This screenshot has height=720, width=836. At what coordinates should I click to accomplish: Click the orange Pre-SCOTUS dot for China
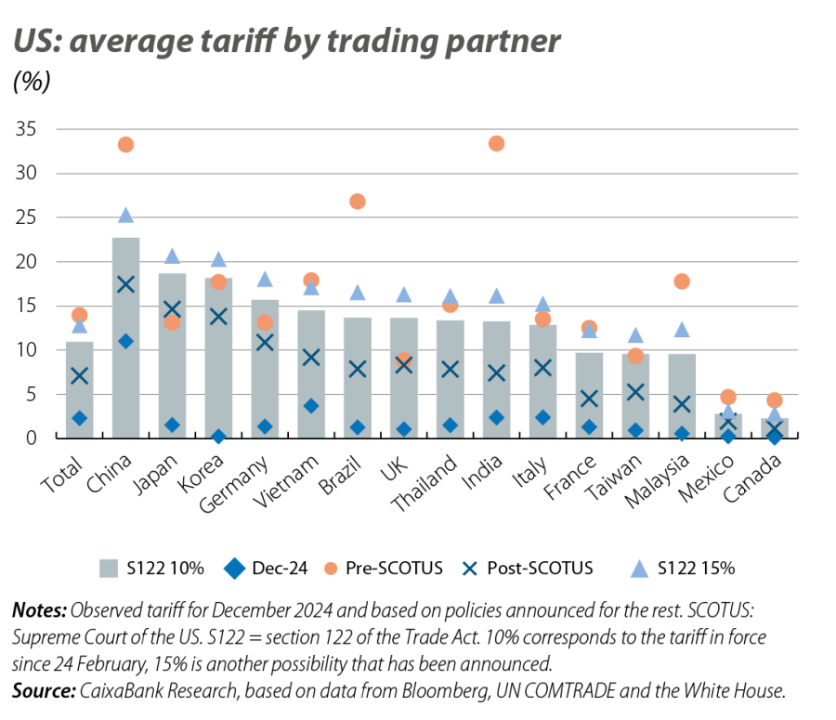pos(125,144)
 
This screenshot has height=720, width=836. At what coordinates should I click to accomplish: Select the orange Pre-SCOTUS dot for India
pos(496,143)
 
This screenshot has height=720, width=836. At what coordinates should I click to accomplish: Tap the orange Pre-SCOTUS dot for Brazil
pos(358,202)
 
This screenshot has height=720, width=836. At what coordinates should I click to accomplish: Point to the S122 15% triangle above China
pos(125,216)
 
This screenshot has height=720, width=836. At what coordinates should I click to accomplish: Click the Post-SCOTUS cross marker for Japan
pos(172,309)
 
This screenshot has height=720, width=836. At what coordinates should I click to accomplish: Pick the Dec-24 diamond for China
pos(125,341)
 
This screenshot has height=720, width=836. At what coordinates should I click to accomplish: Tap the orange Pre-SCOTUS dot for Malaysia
pos(682,281)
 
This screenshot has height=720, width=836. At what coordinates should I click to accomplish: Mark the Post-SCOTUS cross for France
pos(589,399)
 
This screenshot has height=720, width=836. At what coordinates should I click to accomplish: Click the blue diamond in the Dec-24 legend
pos(235,568)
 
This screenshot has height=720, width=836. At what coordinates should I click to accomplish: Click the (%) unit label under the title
pos(31,81)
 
